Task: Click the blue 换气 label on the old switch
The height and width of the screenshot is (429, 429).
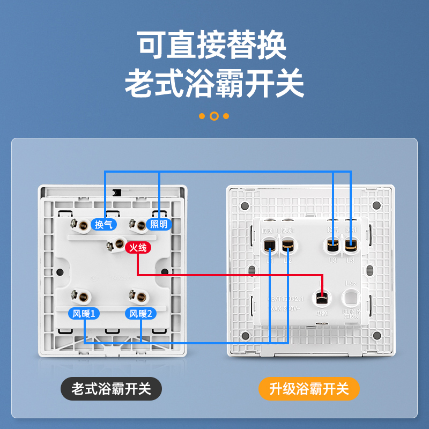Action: [x=103, y=224]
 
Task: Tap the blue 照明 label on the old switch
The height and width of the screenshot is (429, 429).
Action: [x=159, y=224]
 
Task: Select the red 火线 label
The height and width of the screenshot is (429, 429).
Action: [x=138, y=248]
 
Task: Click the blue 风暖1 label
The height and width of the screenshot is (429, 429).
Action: [x=84, y=314]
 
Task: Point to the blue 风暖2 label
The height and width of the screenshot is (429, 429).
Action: [x=140, y=314]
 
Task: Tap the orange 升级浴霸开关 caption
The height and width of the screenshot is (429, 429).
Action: [x=309, y=388]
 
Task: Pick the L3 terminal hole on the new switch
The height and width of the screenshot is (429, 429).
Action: [x=332, y=246]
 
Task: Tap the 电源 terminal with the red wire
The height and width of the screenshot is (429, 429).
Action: [x=322, y=296]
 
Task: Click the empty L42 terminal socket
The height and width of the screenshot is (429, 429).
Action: [x=351, y=296]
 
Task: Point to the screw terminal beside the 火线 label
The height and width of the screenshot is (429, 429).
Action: [x=114, y=246]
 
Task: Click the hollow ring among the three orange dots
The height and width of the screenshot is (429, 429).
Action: [x=214, y=116]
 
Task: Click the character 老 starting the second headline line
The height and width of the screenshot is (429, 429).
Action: [x=139, y=82]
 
